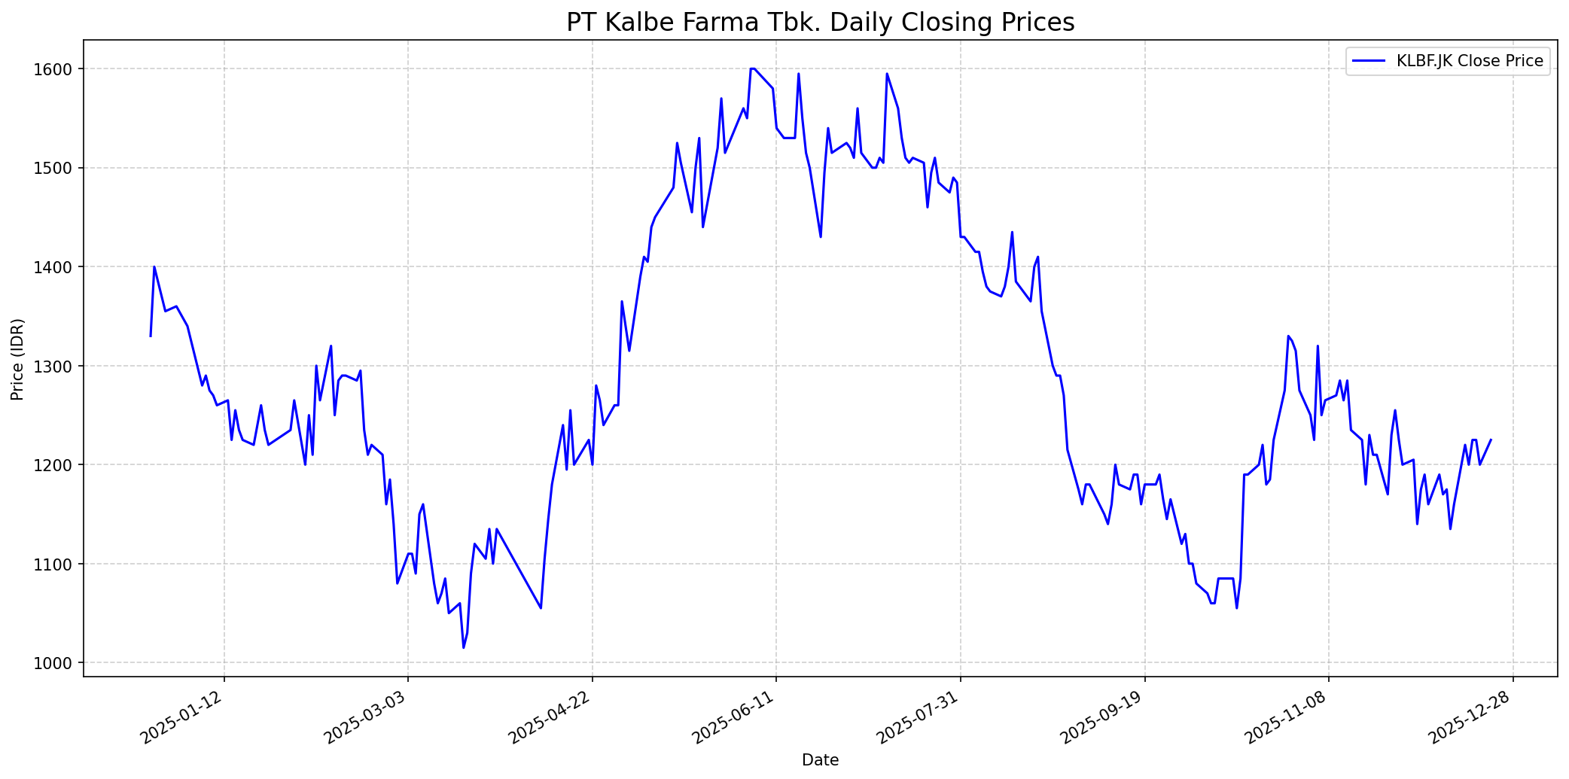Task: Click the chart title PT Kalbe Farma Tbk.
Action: [x=820, y=23]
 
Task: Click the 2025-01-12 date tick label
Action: [x=183, y=719]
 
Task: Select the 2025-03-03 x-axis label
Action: [x=367, y=719]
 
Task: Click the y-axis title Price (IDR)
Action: [x=18, y=359]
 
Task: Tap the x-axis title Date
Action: [x=820, y=760]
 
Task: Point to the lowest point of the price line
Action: [x=463, y=648]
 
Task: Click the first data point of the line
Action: [x=151, y=336]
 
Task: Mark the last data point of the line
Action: [x=1491, y=440]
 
